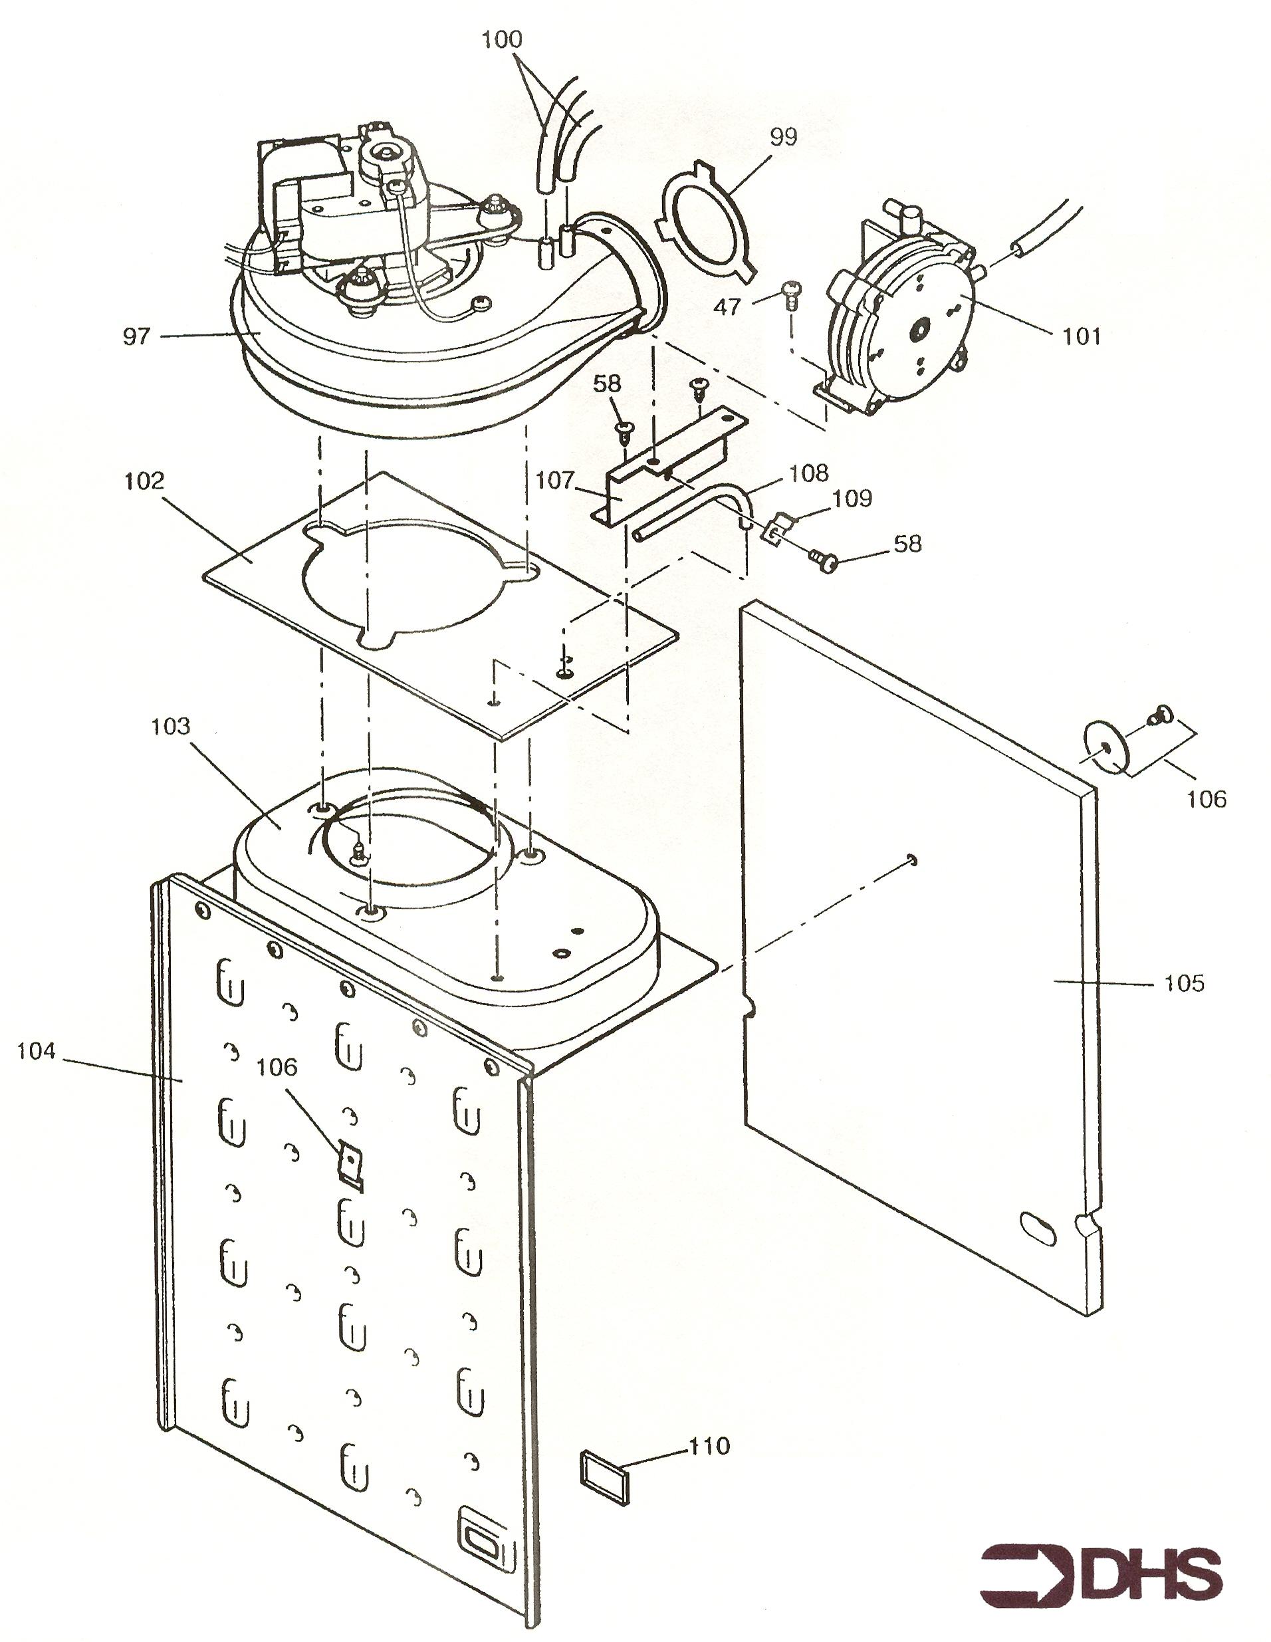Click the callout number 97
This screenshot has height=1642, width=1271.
pos(136,336)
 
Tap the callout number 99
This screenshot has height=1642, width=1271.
pos(783,138)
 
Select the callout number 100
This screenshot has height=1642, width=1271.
pos(501,40)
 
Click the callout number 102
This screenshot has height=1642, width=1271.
pos(144,481)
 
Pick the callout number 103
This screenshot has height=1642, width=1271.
pos(171,726)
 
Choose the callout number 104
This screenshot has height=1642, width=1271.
pos(36,1050)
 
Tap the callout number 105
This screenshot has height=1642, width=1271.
pos(1184,983)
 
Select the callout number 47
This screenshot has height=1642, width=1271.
pos(727,306)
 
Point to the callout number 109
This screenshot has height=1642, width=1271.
pos(852,499)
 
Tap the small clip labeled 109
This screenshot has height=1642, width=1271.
pos(776,528)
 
